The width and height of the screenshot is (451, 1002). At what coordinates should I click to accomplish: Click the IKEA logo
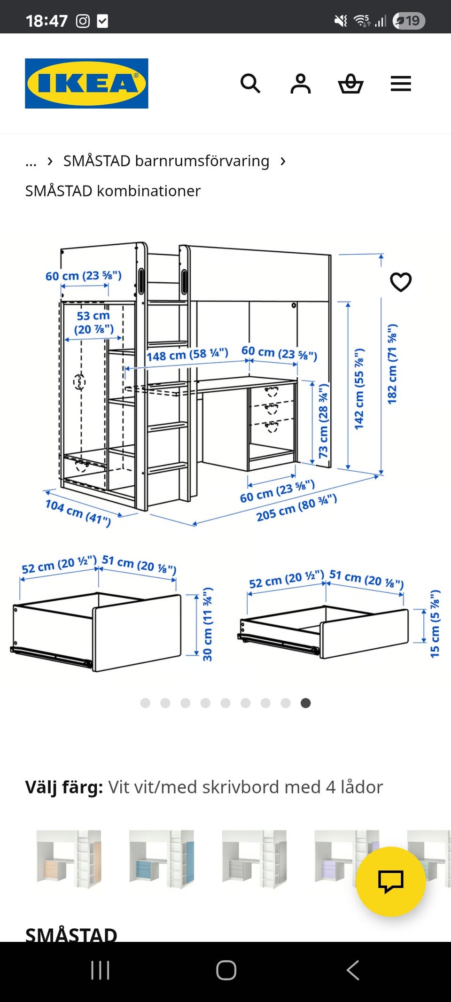[x=86, y=84]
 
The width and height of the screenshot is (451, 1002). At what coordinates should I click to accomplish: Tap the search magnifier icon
[x=250, y=84]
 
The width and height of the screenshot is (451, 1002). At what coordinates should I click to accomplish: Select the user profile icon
[x=301, y=84]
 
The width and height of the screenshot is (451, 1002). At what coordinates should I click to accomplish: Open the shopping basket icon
[x=350, y=84]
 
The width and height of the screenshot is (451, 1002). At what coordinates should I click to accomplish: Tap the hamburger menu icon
[x=401, y=84]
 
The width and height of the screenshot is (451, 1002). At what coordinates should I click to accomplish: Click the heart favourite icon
[x=401, y=282]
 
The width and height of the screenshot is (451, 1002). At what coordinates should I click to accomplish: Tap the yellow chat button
[x=391, y=881]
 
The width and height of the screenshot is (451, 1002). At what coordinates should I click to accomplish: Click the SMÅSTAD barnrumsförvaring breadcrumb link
[x=166, y=161]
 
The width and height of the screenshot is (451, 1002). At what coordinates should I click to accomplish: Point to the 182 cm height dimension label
[x=392, y=364]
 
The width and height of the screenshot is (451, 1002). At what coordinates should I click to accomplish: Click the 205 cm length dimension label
[x=296, y=508]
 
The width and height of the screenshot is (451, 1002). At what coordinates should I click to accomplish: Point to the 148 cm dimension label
[x=187, y=354]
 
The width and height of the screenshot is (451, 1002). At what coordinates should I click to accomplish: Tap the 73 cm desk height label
[x=324, y=421]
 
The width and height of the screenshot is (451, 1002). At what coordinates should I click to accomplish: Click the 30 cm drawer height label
[x=207, y=624]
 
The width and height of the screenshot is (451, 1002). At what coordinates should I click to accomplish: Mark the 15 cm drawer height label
[x=435, y=623]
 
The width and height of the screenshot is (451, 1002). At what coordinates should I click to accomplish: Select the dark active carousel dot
[x=305, y=703]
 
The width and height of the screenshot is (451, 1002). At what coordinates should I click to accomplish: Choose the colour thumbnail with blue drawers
[x=161, y=858]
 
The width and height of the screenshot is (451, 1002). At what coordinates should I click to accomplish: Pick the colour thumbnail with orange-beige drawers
[x=69, y=858]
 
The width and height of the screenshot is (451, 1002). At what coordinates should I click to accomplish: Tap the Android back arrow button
[x=352, y=970]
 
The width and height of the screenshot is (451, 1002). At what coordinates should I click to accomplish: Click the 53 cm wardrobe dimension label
[x=94, y=323]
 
